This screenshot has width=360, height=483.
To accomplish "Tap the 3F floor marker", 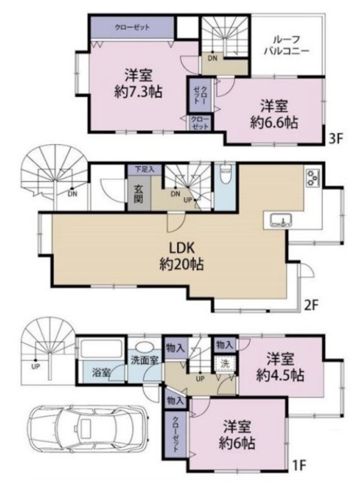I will (x=337, y=139).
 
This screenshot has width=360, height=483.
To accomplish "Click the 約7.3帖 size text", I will (x=136, y=92).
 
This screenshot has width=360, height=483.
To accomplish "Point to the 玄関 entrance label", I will (x=139, y=194).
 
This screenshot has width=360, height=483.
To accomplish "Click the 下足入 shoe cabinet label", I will (x=144, y=170).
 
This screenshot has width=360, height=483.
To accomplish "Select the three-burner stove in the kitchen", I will (x=312, y=180).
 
